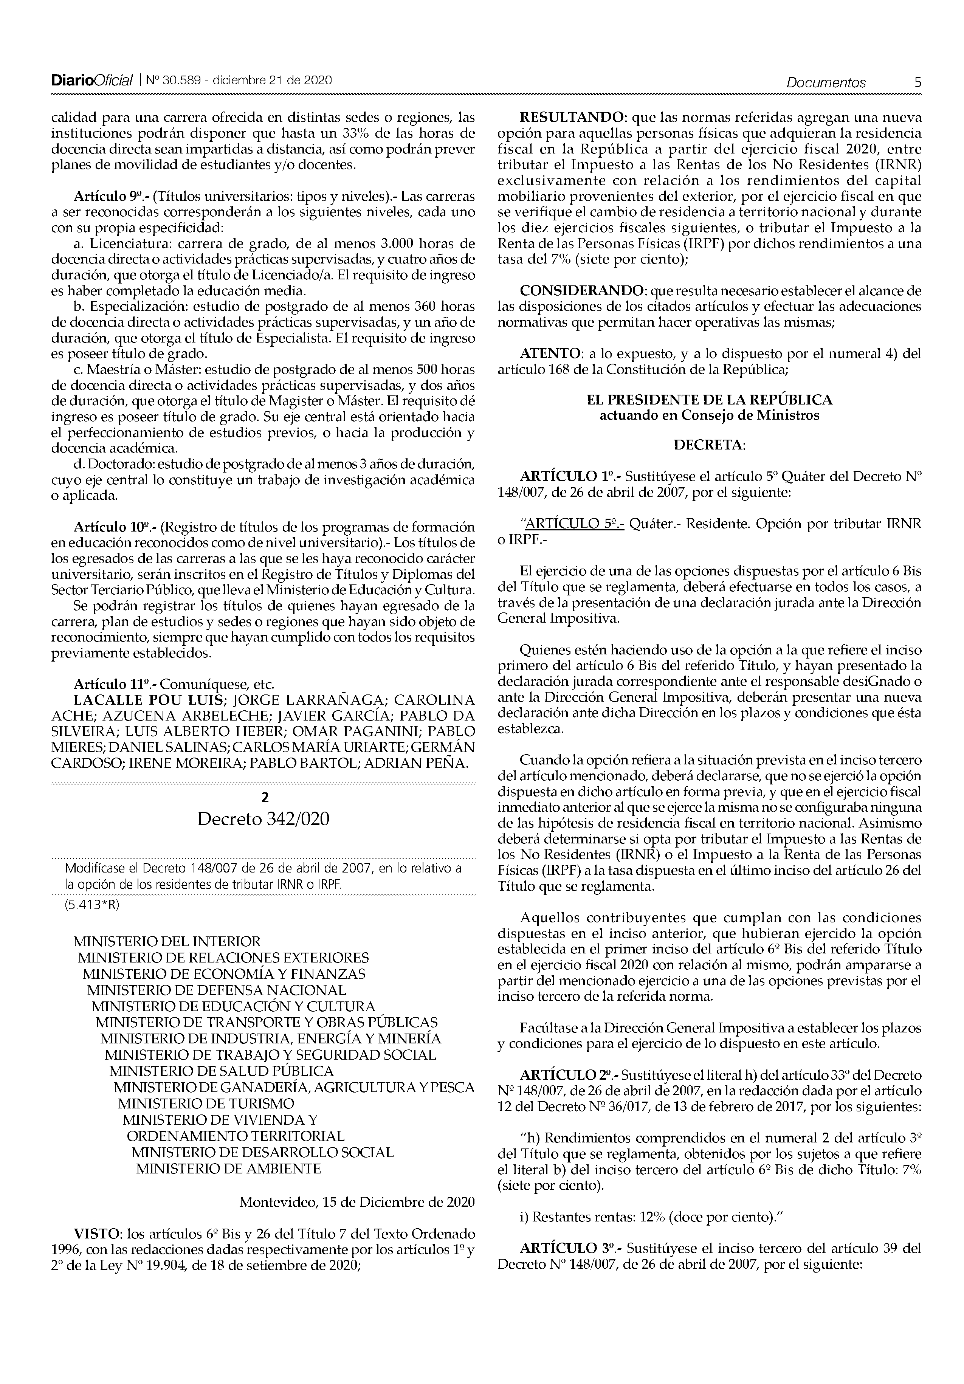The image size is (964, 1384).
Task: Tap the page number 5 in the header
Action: point(918,82)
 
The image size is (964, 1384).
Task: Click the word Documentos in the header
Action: point(826,82)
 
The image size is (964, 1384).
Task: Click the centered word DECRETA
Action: point(708,445)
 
